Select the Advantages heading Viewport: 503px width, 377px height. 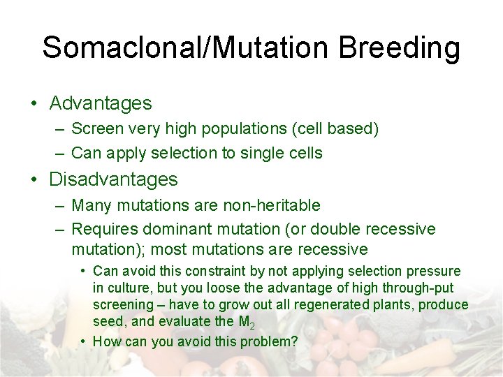(x=100, y=103)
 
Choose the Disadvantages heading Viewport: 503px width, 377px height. (x=113, y=179)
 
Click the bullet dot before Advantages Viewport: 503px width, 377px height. (x=34, y=104)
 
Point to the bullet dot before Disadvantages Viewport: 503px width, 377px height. (x=34, y=180)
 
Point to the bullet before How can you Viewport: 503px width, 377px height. (x=83, y=341)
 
